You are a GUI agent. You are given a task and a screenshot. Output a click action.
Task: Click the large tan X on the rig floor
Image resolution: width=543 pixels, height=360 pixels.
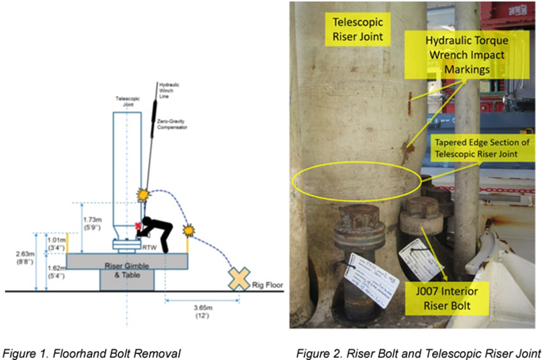(x=239, y=279)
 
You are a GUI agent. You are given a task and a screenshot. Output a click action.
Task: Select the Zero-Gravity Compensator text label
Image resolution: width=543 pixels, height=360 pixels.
(x=171, y=125)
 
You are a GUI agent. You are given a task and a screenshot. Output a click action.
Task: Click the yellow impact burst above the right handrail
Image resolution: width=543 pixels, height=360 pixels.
(x=188, y=231)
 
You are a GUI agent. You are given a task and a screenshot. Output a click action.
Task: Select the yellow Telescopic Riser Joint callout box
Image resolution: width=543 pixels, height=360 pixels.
(x=357, y=30)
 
